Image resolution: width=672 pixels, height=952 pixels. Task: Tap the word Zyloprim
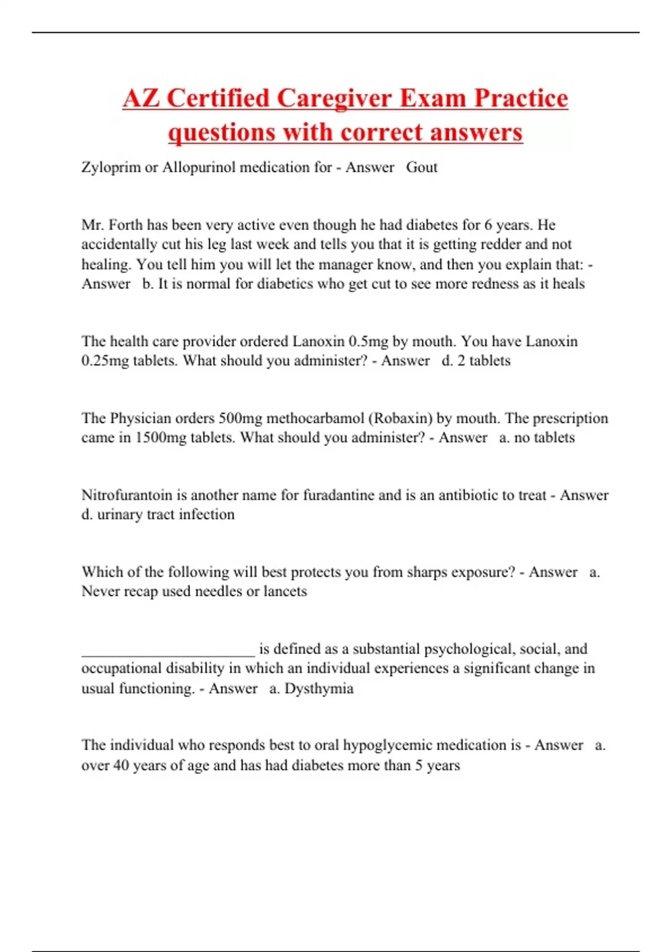pyautogui.click(x=111, y=167)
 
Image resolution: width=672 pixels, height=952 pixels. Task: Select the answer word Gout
pyautogui.click(x=422, y=167)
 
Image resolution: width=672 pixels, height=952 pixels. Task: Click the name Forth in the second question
pyautogui.click(x=125, y=225)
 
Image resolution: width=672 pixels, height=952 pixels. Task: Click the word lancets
pyautogui.click(x=285, y=591)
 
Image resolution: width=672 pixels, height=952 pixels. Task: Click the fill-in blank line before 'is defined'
pyautogui.click(x=168, y=652)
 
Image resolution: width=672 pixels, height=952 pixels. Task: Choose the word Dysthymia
pyautogui.click(x=319, y=688)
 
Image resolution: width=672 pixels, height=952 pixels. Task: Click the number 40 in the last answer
pyautogui.click(x=121, y=766)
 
